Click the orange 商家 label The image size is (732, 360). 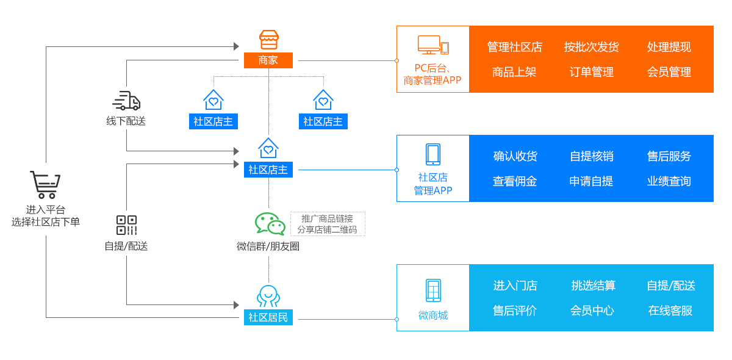coord(268,60)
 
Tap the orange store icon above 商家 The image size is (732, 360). coord(268,40)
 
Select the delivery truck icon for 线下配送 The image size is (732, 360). coord(126,101)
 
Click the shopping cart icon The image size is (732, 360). coord(45,184)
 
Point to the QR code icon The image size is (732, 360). coord(126,225)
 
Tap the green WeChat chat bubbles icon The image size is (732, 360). coord(270,223)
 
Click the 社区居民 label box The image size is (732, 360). coord(268,317)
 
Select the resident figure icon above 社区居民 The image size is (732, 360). coord(268,296)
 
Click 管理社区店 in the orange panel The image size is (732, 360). coord(514,47)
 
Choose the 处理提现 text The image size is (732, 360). coord(669,47)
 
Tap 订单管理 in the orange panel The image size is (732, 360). coord(591,72)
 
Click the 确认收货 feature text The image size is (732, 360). coord(515,156)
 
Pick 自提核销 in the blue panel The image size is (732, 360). coord(591,156)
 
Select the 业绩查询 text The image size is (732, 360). coord(669,181)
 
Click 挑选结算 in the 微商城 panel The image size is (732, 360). coord(593,286)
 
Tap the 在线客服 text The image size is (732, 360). coord(670,311)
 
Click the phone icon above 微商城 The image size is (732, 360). coord(433,290)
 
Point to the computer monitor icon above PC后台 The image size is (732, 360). coord(429,45)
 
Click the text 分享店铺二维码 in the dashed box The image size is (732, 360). coord(327,229)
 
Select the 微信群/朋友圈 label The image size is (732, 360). coord(268,247)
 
